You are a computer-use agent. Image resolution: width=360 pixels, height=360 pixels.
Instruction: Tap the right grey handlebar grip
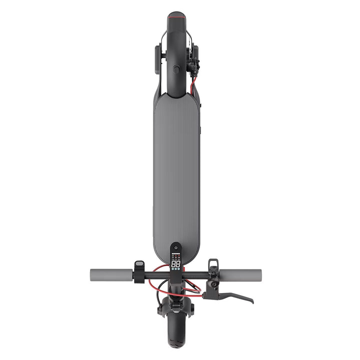click(240, 274)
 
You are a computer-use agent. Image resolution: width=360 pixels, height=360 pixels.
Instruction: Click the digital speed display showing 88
click(175, 263)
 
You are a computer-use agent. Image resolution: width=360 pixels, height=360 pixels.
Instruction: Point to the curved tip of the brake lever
click(250, 301)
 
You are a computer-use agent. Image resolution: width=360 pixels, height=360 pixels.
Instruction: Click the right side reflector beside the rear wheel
click(195, 57)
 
